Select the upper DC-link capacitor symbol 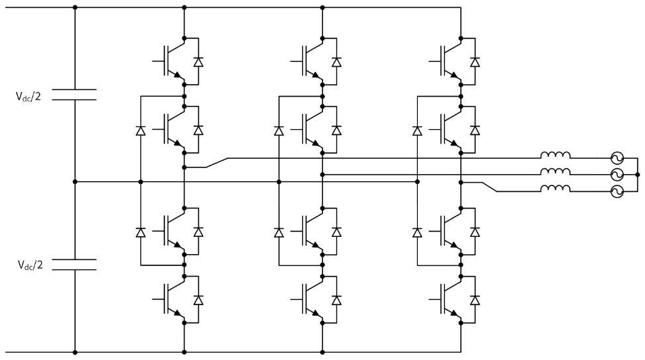[74, 94]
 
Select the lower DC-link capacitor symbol [74, 264]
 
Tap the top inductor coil [555, 157]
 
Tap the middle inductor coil [555, 173]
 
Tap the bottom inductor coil [555, 191]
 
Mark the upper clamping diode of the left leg [140, 130]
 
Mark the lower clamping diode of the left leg [140, 232]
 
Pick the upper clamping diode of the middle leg [279, 130]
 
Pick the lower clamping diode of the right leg [417, 232]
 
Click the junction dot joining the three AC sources [637, 175]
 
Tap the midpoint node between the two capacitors [74, 181]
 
